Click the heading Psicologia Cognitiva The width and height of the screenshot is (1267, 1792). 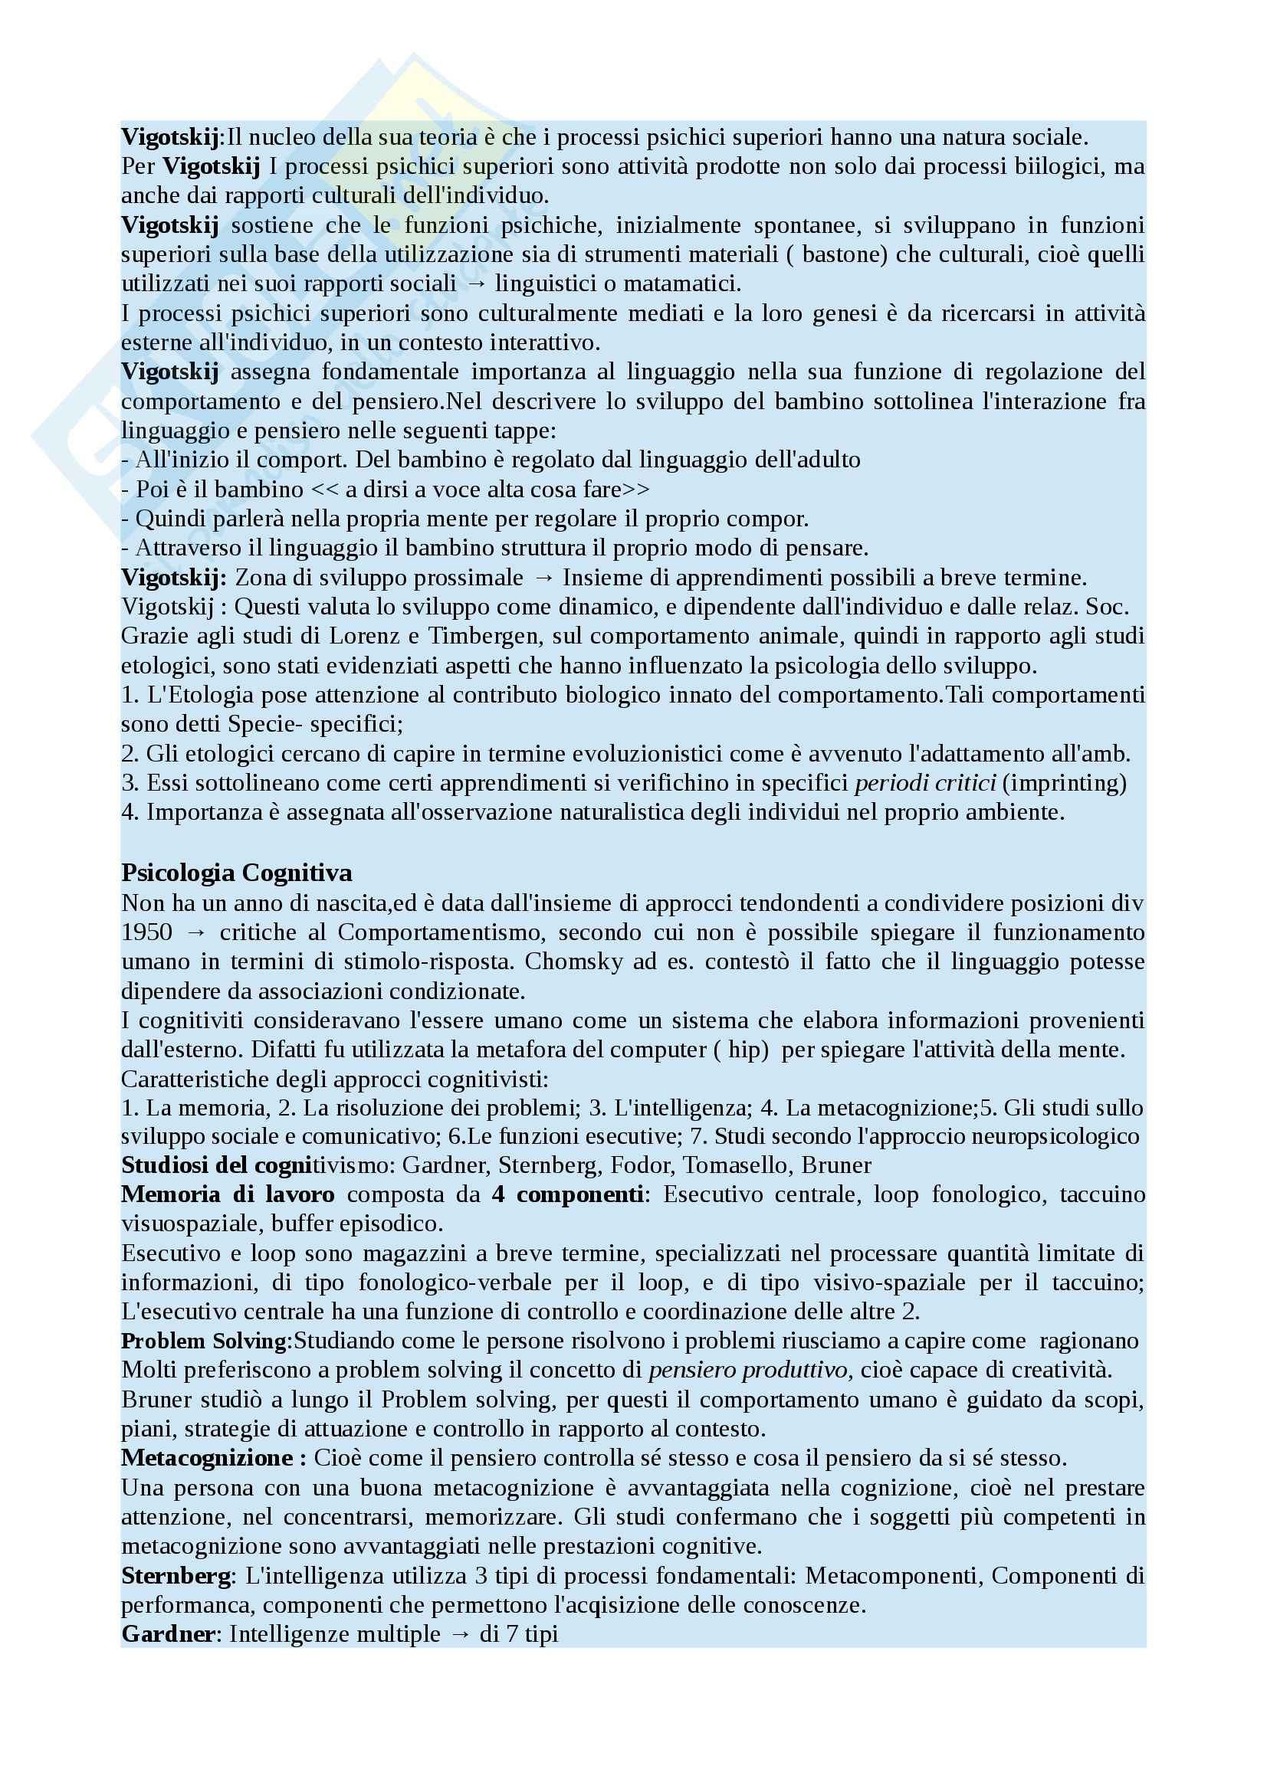pos(237,873)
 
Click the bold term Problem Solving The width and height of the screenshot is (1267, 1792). pos(205,1342)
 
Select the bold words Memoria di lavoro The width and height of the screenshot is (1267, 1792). pos(228,1195)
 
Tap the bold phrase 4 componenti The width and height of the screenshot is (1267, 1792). pos(567,1195)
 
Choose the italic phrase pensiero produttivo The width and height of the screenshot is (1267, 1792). pos(748,1371)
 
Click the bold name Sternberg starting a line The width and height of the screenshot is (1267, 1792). pos(176,1576)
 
